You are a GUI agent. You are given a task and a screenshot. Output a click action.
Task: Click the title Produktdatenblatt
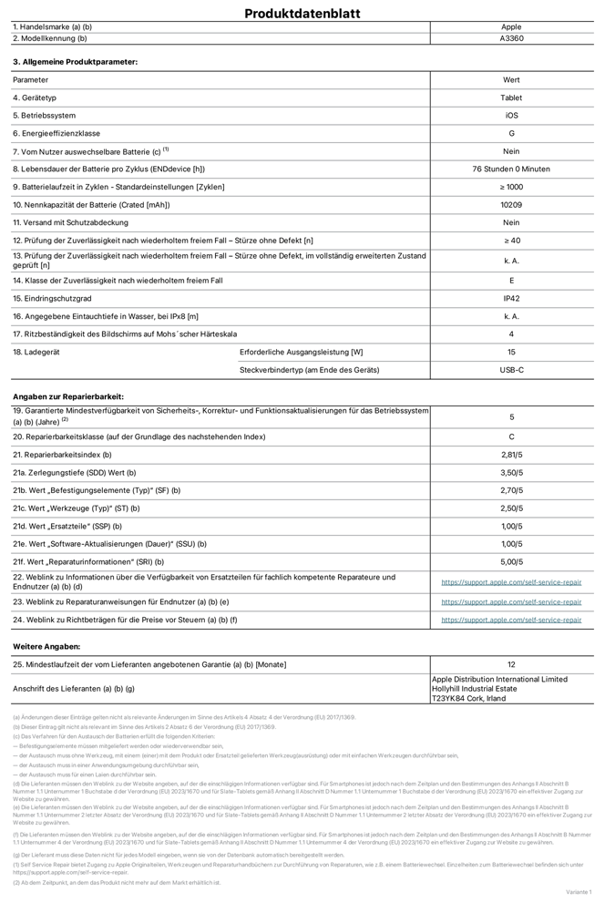302,13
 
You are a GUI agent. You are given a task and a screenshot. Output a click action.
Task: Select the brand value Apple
511,27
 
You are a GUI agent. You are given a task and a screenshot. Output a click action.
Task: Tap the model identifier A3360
511,38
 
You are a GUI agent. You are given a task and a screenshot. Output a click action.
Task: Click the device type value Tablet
511,97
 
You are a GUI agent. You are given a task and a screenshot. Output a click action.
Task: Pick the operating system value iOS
511,116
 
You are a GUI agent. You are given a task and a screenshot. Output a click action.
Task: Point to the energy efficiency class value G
511,133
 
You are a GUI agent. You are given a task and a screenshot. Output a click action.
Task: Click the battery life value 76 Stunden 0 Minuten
511,169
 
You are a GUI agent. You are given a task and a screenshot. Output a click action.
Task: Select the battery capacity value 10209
511,205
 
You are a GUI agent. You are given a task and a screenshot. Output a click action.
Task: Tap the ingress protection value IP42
511,298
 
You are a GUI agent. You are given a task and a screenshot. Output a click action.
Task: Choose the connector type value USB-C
511,370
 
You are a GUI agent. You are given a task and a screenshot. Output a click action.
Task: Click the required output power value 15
511,352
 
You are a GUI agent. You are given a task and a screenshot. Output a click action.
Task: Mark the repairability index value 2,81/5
511,455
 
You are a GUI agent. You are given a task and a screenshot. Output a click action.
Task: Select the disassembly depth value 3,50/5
511,473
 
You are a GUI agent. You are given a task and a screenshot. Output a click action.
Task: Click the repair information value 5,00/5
511,562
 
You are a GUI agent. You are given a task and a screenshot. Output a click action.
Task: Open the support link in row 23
511,601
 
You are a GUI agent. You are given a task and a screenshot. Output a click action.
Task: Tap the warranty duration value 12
511,664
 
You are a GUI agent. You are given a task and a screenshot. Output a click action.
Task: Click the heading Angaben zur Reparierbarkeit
68,396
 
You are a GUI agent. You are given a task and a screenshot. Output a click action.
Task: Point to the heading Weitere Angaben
46,646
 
